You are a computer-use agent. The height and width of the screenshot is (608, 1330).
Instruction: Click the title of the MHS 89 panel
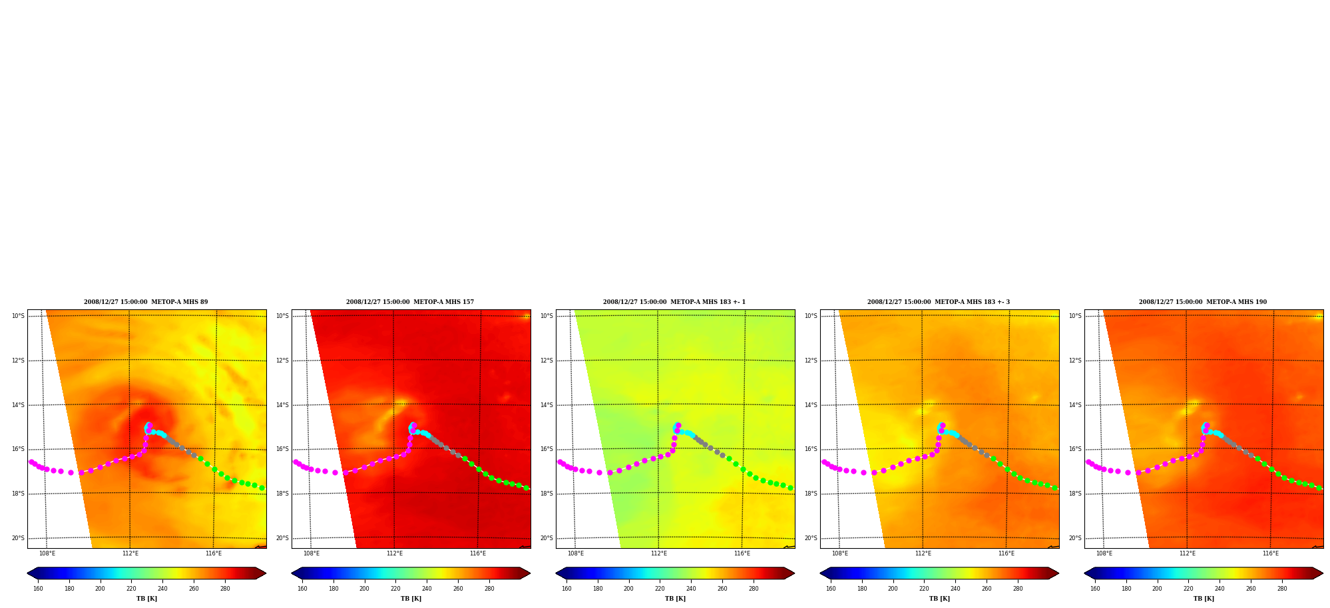[146, 302]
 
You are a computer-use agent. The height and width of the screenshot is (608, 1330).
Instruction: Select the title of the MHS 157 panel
[410, 302]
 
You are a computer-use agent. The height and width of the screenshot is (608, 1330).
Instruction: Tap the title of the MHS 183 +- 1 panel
[674, 302]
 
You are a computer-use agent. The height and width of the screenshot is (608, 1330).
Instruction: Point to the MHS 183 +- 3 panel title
[939, 302]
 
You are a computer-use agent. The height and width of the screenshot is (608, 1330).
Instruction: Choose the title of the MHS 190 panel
[1203, 302]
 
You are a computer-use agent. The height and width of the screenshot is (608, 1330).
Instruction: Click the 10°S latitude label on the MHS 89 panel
[18, 316]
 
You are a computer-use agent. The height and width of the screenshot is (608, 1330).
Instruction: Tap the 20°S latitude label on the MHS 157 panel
[282, 538]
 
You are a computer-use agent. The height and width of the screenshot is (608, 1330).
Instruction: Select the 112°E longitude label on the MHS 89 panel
[130, 553]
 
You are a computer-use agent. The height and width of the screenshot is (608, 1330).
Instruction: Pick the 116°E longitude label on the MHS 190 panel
[1271, 553]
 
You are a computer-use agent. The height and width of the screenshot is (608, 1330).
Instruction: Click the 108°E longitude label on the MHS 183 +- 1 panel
[576, 553]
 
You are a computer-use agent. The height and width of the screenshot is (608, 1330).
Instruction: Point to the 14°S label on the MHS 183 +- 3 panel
[811, 405]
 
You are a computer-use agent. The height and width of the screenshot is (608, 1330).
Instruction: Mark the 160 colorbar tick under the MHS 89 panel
[38, 589]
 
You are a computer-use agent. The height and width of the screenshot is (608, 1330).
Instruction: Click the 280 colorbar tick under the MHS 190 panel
[1282, 589]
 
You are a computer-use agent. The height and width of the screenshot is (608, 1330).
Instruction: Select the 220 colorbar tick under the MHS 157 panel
[395, 589]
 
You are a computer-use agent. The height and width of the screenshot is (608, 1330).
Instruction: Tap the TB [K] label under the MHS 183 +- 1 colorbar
[675, 599]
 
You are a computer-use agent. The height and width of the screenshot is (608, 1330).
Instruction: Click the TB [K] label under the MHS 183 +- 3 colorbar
[939, 599]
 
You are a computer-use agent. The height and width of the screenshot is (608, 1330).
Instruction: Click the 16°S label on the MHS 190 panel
[1075, 449]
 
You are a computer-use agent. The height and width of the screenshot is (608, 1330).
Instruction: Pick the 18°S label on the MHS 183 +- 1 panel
[547, 494]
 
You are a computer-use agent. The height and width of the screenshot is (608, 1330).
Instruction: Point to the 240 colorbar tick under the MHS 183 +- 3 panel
[955, 589]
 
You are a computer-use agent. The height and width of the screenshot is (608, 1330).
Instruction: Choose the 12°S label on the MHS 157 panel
[282, 361]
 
